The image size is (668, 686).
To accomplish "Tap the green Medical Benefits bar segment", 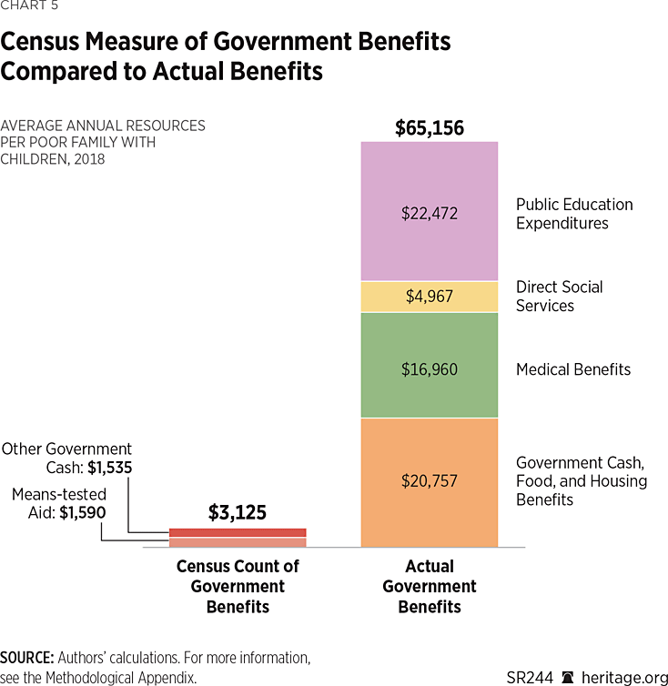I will click(x=430, y=346).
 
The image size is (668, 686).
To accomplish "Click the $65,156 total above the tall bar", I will click(x=430, y=128).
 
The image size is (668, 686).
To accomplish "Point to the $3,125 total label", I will click(x=238, y=513).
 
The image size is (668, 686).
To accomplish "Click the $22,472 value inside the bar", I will click(x=430, y=214).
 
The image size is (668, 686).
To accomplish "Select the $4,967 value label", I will click(x=430, y=297).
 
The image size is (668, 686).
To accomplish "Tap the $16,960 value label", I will click(x=430, y=369).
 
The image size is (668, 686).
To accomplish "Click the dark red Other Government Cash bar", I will click(x=238, y=532).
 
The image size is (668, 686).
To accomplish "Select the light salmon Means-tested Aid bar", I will click(x=238, y=542).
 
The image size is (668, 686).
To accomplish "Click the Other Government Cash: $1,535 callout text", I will click(x=66, y=459).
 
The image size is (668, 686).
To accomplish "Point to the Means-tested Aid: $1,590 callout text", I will click(x=59, y=503).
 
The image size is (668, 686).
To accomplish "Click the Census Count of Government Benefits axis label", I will click(x=238, y=586).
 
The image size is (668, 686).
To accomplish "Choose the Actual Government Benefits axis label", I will click(x=430, y=586).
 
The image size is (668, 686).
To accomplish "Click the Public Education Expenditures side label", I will click(x=574, y=214).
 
